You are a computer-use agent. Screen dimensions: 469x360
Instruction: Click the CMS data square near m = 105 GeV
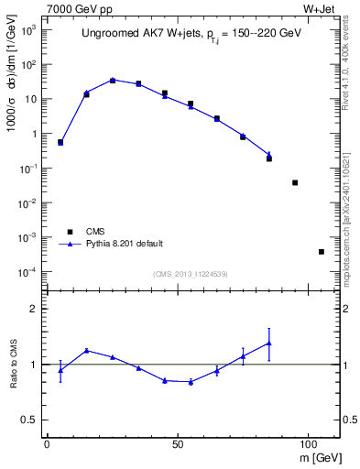pos(321,252)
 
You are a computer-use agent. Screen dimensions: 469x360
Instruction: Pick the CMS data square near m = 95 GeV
pos(295,182)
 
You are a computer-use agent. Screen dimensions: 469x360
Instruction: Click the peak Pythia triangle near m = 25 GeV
pos(113,80)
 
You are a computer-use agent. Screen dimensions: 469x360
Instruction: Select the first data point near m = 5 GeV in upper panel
pos(60,142)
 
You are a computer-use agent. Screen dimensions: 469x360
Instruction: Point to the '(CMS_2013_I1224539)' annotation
pos(191,274)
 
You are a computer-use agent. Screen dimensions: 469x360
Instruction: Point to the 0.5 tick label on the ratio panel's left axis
pos(30,420)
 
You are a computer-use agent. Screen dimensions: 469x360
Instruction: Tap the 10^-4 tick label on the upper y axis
pos(27,272)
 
